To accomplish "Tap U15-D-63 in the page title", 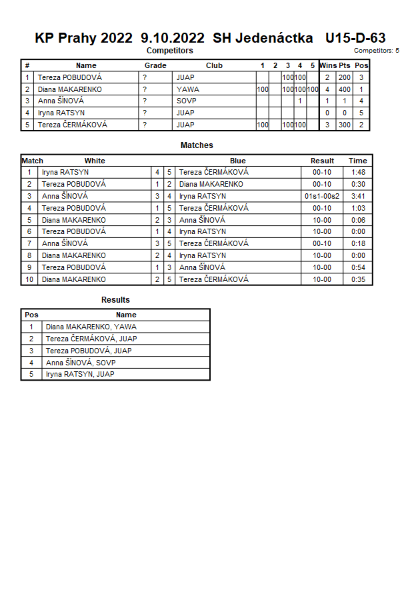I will pos(355,39).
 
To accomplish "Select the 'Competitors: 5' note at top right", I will pos(376,51).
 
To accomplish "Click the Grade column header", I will pos(155,65).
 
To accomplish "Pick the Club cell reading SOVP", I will pos(187,101).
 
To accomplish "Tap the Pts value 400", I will pos(344,89).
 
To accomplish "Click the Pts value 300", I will pos(344,125).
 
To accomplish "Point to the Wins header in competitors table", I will pos(328,65).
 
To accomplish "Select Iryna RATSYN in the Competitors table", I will pos(61,113).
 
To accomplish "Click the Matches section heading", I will pos(197,145).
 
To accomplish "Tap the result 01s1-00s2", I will pos(322,196).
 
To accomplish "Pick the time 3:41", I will pos(357,196).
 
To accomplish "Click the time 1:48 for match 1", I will pos(357,172).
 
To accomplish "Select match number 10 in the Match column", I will pos(29,280).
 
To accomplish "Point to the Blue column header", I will pos(238,161).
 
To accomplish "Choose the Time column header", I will pos(357,161).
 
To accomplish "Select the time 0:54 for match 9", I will pos(357,268).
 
